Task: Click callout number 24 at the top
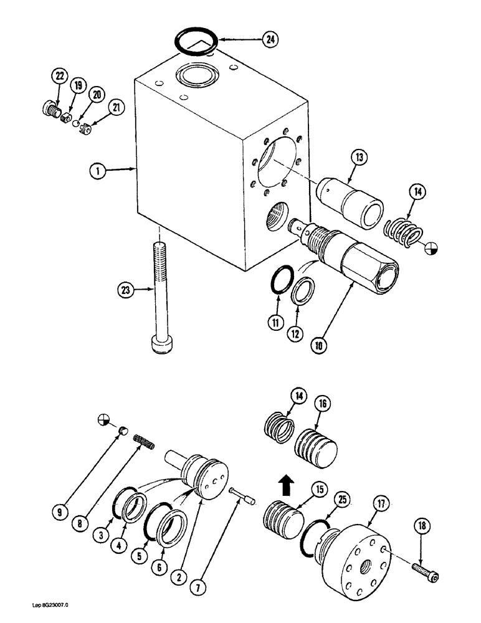point(269,40)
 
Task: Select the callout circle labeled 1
point(96,168)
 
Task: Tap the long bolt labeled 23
point(159,293)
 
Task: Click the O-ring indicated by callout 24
point(195,43)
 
